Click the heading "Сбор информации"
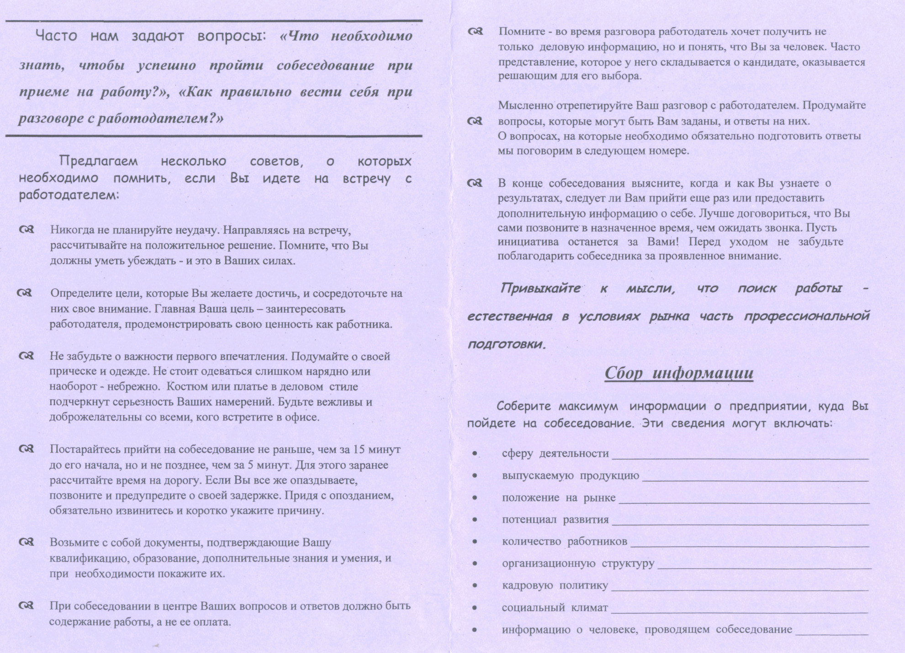tap(679, 373)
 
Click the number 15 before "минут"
tap(359, 449)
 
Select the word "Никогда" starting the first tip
tap(70, 230)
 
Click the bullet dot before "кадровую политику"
tap(475, 586)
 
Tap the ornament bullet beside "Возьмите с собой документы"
tap(26, 542)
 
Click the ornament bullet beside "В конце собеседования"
tap(475, 183)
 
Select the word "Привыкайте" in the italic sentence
tap(540, 289)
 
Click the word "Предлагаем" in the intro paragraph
tap(98, 161)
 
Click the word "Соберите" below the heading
tap(524, 406)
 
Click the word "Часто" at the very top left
tap(56, 36)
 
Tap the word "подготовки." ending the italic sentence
tap(507, 344)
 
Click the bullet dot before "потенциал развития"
tap(475, 520)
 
